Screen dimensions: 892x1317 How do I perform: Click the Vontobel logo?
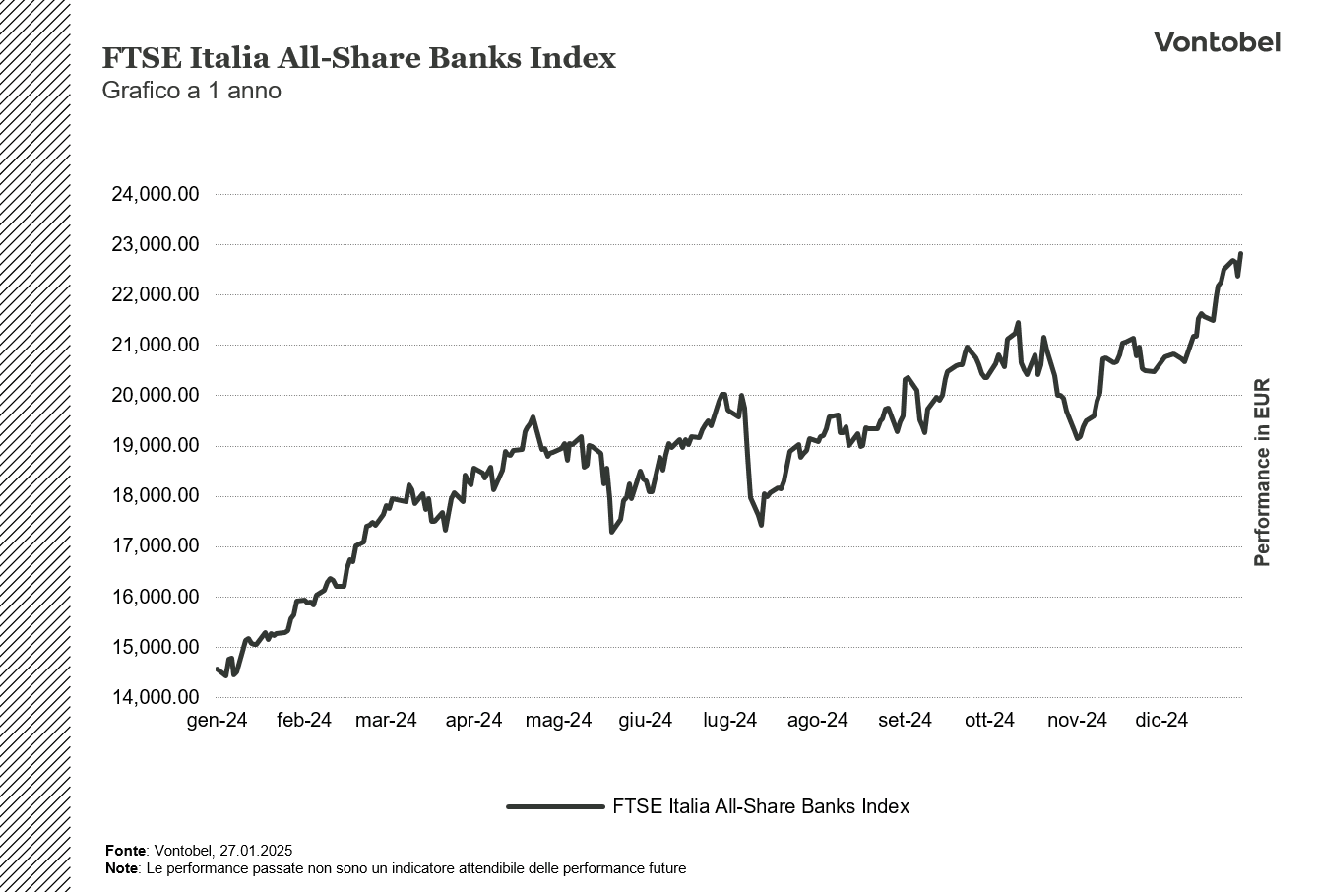pyautogui.click(x=1217, y=41)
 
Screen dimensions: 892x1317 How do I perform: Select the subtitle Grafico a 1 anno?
pyautogui.click(x=192, y=91)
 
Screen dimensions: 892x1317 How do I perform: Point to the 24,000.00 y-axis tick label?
pyautogui.click(x=156, y=194)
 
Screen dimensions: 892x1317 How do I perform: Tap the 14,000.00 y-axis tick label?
pyautogui.click(x=156, y=697)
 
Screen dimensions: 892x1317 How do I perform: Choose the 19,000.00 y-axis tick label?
pyautogui.click(x=156, y=446)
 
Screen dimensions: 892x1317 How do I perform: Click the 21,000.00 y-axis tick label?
pyautogui.click(x=156, y=345)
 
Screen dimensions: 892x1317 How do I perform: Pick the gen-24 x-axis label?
pyautogui.click(x=217, y=721)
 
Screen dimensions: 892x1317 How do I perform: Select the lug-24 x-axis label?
pyautogui.click(x=729, y=721)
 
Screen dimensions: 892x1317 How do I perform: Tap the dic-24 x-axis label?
pyautogui.click(x=1161, y=721)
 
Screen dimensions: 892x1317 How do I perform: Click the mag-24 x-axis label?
pyautogui.click(x=558, y=721)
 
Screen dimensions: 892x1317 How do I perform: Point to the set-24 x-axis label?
pyautogui.click(x=905, y=721)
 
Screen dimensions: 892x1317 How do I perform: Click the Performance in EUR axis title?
pyautogui.click(x=1262, y=473)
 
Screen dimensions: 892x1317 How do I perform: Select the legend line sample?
pyautogui.click(x=555, y=806)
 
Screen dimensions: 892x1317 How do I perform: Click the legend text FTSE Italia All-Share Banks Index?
pyautogui.click(x=760, y=806)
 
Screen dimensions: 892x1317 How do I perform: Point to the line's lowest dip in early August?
pyautogui.click(x=761, y=524)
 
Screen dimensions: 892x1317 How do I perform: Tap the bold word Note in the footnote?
pyautogui.click(x=121, y=868)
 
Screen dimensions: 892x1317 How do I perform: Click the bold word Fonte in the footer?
pyautogui.click(x=125, y=851)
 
